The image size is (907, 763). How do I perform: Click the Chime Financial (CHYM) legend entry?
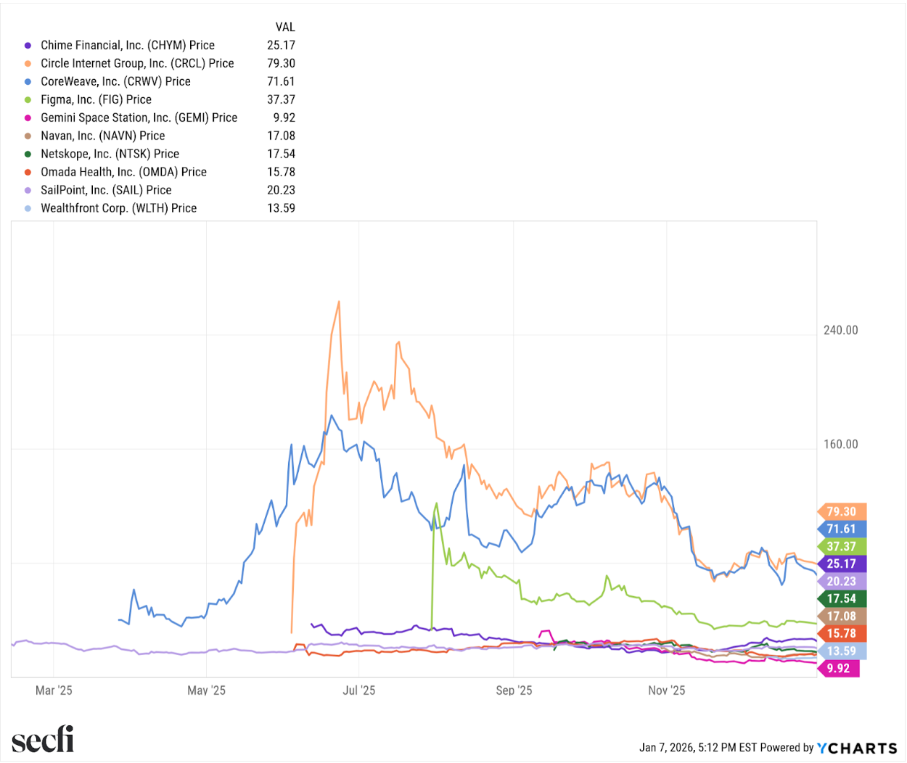(127, 45)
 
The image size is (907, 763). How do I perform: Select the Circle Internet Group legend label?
(136, 63)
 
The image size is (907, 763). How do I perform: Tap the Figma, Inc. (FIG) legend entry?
(96, 99)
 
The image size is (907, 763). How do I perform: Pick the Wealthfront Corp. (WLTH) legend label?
(118, 208)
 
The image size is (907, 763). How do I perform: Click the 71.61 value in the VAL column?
(281, 81)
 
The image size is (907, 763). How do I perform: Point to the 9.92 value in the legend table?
(284, 117)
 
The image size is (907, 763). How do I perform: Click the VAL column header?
(285, 27)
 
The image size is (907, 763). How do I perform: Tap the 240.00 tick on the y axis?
(840, 330)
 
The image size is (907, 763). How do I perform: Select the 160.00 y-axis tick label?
(840, 444)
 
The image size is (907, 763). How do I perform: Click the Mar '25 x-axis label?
(54, 690)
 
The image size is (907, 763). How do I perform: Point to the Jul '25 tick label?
(359, 690)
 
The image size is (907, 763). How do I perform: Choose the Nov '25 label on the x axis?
(666, 690)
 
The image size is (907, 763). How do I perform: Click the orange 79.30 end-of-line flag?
(841, 511)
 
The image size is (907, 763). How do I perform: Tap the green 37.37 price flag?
(841, 546)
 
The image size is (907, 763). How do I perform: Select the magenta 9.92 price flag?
(838, 668)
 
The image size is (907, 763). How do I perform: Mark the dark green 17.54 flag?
(841, 598)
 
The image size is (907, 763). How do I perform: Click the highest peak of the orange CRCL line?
(339, 302)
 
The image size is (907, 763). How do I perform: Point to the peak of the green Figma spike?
(436, 503)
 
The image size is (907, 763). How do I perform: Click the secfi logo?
(43, 740)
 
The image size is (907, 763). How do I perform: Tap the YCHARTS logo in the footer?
(857, 748)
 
